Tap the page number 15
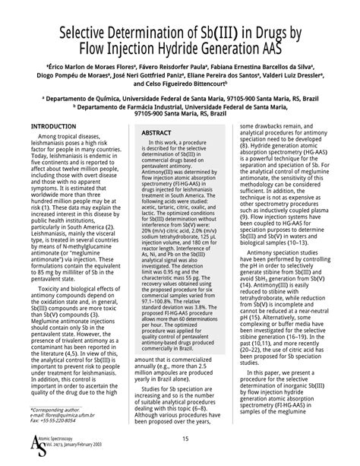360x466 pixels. click(x=185, y=439)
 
